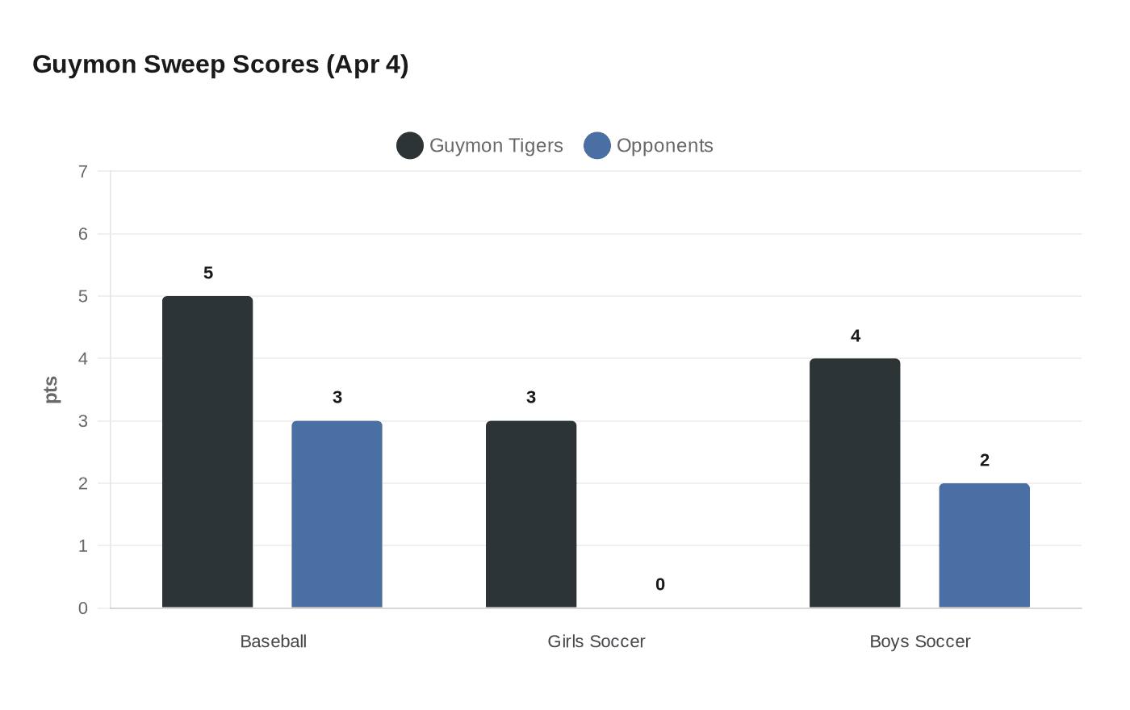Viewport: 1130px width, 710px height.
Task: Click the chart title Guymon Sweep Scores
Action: [220, 65]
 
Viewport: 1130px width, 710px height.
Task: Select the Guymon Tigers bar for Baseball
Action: [207, 452]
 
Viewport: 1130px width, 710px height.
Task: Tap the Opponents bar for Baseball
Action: [337, 514]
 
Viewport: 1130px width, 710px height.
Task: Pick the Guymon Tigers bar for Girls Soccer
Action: [531, 514]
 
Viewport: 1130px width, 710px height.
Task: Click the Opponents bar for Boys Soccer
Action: [984, 545]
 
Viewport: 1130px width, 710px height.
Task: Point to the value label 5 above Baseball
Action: [208, 274]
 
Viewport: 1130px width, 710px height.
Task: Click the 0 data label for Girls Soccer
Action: [660, 585]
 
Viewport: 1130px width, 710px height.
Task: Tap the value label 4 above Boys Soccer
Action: [856, 336]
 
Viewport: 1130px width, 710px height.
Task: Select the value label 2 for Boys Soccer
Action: [984, 461]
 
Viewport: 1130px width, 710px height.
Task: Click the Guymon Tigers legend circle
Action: [410, 146]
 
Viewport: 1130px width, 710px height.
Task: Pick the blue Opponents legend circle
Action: [597, 146]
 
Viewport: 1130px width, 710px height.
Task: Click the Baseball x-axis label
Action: [274, 641]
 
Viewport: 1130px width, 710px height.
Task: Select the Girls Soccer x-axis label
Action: [596, 641]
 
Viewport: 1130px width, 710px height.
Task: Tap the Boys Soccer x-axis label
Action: [920, 641]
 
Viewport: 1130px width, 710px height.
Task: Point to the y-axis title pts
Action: [51, 390]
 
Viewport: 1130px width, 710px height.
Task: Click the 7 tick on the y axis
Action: [83, 172]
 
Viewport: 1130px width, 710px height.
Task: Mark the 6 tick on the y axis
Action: [83, 234]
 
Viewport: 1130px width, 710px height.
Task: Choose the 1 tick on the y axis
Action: [83, 546]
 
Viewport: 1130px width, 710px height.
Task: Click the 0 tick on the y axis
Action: [83, 608]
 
